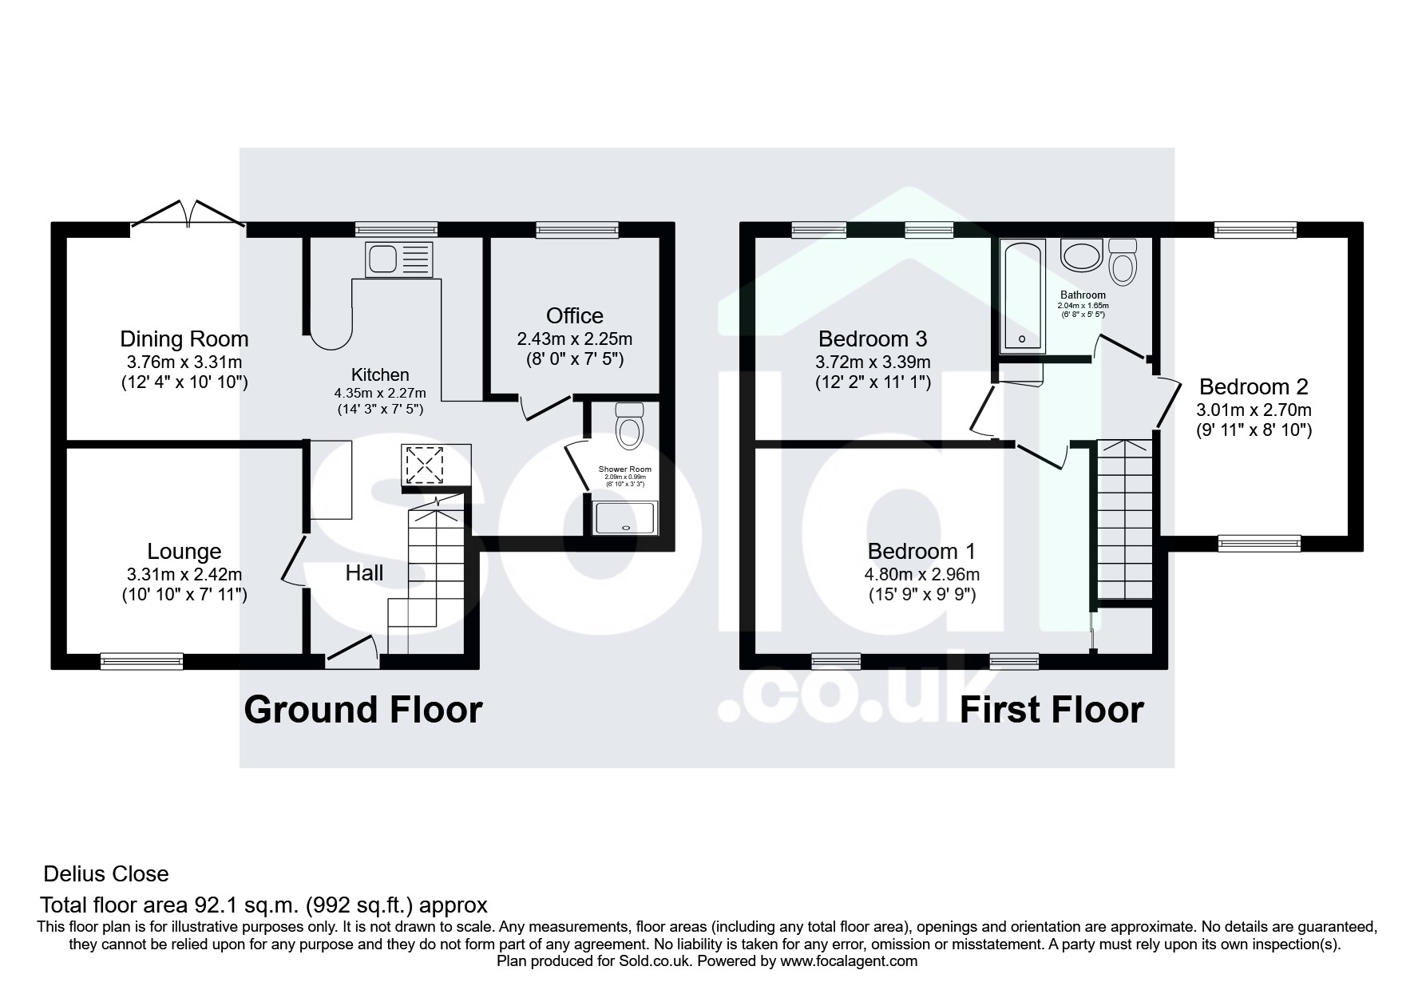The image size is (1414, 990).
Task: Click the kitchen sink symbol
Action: pos(398,259)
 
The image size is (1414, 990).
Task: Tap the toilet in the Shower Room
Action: pos(631,424)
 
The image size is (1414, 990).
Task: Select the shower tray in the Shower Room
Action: pos(625,517)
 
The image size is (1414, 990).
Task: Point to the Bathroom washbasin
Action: pos(1081,255)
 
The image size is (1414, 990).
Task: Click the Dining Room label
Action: pos(184,339)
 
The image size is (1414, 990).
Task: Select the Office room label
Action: pos(575,315)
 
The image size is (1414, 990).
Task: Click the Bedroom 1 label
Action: pos(922,551)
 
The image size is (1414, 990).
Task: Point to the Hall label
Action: pos(365,572)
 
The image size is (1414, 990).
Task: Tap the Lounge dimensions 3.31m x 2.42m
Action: pos(184,574)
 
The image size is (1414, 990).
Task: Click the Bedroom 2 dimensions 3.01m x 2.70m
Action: pos(1254,410)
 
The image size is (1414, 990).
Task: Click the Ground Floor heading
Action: pos(363,709)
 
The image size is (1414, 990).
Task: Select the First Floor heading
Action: pos(1052,709)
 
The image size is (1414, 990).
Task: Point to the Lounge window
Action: pos(141,660)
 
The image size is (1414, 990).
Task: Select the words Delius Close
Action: pos(106,874)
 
